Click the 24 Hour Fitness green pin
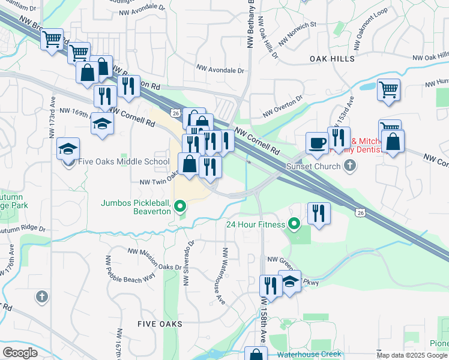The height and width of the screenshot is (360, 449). [x=294, y=225]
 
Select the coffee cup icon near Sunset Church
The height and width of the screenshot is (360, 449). [x=317, y=143]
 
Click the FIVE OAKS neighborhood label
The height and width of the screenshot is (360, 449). [x=160, y=323]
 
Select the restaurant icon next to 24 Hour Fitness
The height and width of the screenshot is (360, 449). [x=319, y=213]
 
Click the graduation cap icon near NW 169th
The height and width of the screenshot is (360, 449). [x=102, y=124]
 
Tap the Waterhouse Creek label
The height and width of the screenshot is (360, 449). [x=309, y=354]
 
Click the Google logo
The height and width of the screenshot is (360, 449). [x=19, y=352]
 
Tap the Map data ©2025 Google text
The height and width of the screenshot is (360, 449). [x=412, y=355]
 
